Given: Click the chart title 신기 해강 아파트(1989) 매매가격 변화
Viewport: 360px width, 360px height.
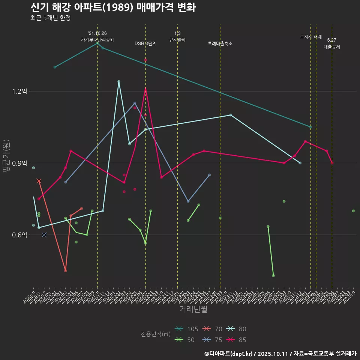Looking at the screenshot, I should (x=112, y=7).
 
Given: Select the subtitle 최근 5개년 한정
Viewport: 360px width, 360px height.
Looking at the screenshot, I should (x=51, y=18).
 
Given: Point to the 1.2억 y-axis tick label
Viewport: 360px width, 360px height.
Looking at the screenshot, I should (x=20, y=91).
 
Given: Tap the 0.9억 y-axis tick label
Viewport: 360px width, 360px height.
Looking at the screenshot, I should (x=20, y=163).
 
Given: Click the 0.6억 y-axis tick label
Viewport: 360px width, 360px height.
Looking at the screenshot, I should (x=20, y=235).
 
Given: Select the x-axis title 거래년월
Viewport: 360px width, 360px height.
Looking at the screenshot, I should (x=193, y=309).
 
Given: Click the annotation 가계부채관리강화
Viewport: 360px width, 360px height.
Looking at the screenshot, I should (x=97, y=40).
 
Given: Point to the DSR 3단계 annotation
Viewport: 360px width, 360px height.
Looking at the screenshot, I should (x=145, y=43).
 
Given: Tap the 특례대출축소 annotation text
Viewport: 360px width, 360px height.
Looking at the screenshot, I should (x=220, y=43).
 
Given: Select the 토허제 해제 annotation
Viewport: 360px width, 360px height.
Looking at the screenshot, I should (x=311, y=37).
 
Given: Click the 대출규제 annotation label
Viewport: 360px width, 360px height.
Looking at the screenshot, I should (x=332, y=47).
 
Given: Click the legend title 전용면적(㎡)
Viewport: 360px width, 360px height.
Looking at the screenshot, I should (x=156, y=334).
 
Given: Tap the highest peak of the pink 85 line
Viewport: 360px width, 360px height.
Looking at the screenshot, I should (x=145, y=88).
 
